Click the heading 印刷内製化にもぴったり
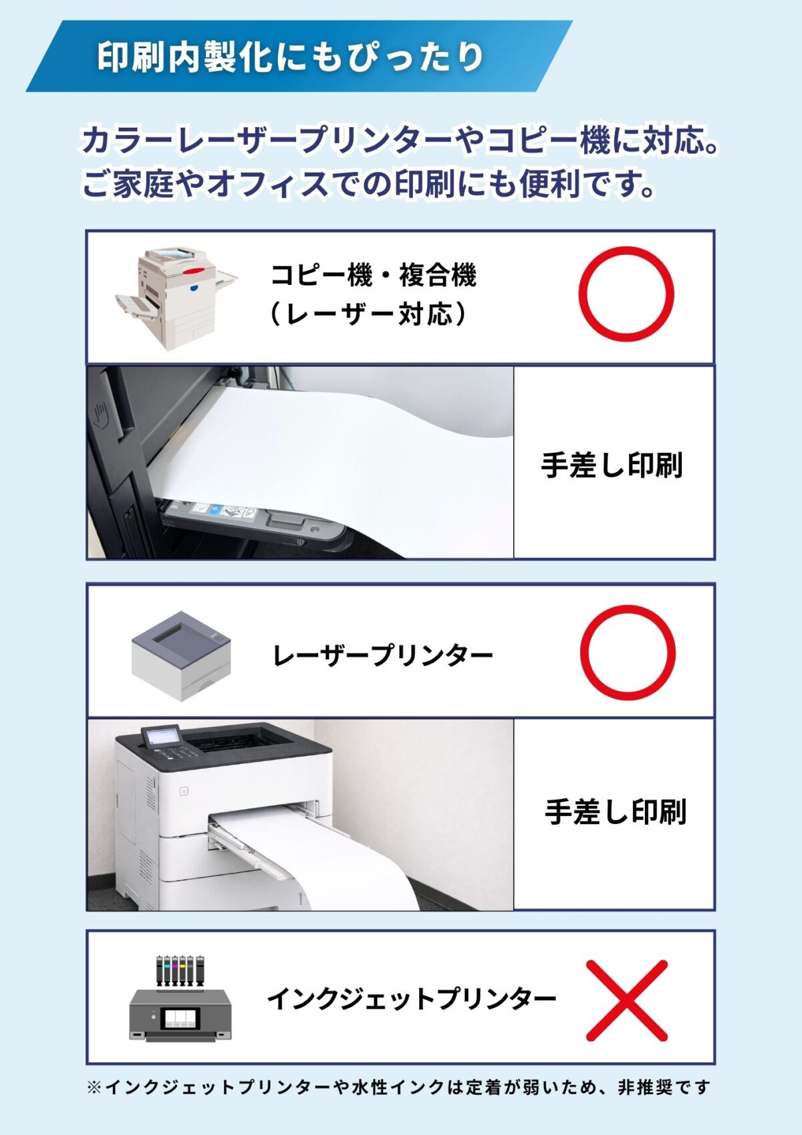291,57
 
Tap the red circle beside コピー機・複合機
626,294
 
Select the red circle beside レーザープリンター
628,653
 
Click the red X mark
626,1001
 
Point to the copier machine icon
176,297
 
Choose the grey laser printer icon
181,655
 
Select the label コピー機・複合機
373,275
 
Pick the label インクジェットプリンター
412,999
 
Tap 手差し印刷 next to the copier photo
612,466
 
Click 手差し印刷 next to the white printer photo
615,812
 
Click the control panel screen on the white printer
162,736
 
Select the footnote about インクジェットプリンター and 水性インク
398,1088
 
